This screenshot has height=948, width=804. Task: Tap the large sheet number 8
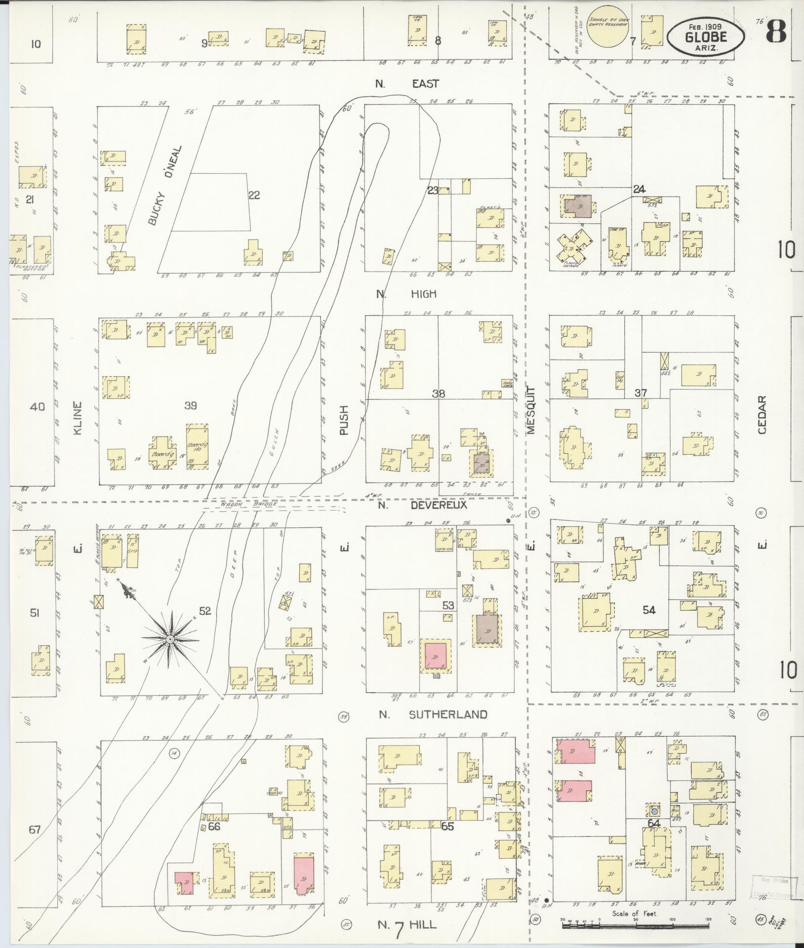pos(776,33)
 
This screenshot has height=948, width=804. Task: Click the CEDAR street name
pos(761,415)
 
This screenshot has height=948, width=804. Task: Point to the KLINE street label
pos(78,418)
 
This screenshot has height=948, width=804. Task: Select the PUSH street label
pos(344,420)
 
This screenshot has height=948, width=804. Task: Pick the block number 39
pos(191,405)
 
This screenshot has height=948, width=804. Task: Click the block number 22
pos(253,195)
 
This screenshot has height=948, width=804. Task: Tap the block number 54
pos(649,610)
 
